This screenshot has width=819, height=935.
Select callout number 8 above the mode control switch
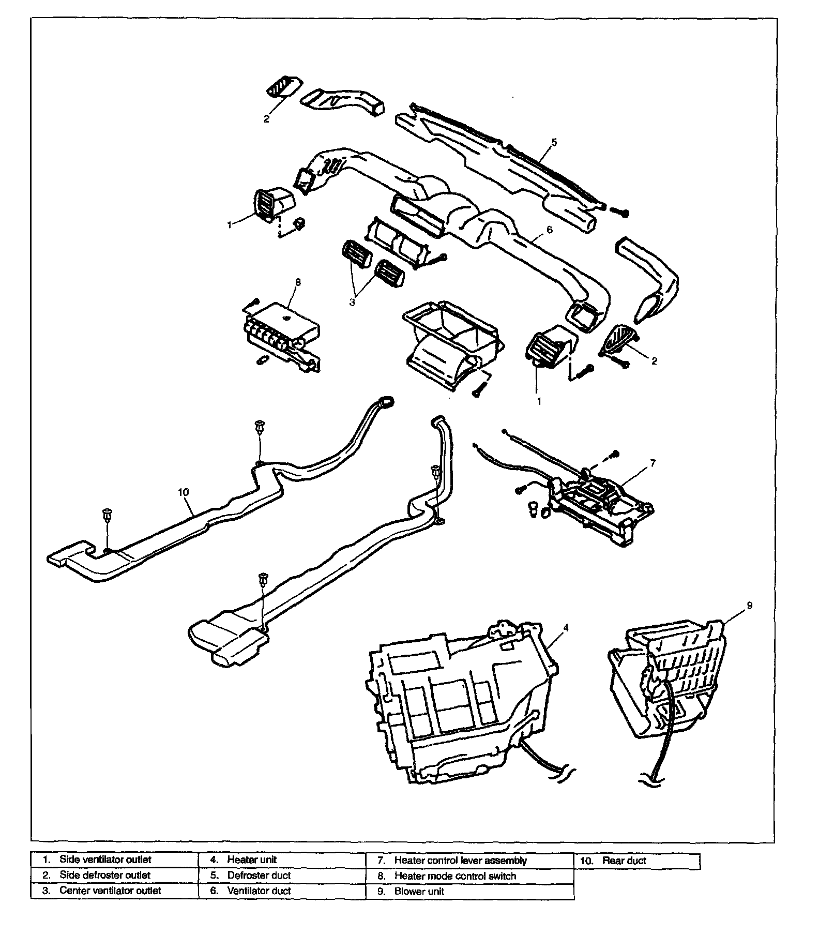pyautogui.click(x=297, y=282)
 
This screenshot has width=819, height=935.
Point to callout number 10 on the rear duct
pyautogui.click(x=184, y=492)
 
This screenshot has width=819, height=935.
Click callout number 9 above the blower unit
pyautogui.click(x=749, y=605)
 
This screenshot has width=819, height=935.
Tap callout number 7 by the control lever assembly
pyautogui.click(x=653, y=463)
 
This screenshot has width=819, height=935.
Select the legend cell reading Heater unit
pyautogui.click(x=252, y=859)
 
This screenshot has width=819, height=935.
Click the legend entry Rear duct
pyautogui.click(x=624, y=861)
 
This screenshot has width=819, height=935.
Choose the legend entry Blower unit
pyautogui.click(x=419, y=891)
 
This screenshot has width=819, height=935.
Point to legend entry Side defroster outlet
pyautogui.click(x=104, y=875)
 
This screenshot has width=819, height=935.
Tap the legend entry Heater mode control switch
pyautogui.click(x=455, y=876)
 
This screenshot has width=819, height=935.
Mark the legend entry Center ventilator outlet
pyautogui.click(x=110, y=891)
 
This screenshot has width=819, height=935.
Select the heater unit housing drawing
pyautogui.click(x=460, y=708)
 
